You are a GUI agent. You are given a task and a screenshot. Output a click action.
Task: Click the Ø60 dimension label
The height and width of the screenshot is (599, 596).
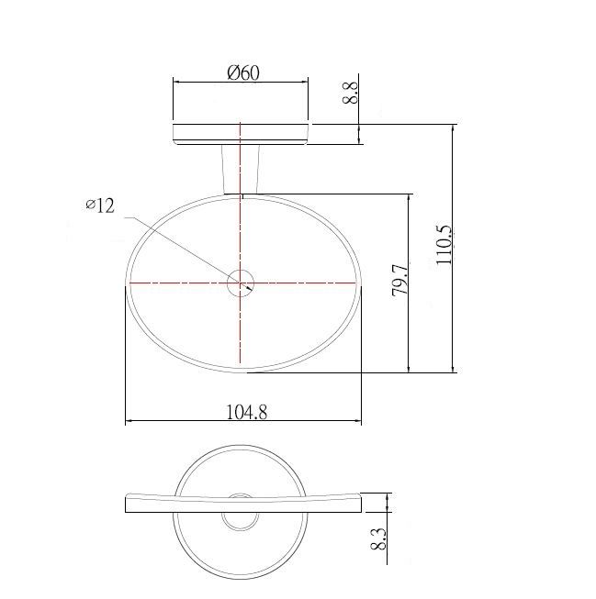coord(243,72)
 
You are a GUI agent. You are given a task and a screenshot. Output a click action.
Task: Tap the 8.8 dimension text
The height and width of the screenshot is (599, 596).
coord(351,92)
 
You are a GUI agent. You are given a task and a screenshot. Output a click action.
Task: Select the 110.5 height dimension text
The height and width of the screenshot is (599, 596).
coord(444,245)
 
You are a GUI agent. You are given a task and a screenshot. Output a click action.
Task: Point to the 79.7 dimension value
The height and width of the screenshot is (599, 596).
coord(400,279)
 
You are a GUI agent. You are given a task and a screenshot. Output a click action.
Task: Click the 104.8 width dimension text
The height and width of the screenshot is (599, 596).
coord(247,412)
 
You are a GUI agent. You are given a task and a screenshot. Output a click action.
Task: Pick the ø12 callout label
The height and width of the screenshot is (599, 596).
coord(100,206)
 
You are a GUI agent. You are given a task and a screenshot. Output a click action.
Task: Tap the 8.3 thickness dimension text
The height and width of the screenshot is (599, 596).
coord(378,539)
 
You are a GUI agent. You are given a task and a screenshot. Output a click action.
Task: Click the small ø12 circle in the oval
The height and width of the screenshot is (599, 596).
coord(241,270)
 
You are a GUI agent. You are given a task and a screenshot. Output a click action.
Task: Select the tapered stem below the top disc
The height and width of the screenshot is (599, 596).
coord(241,169)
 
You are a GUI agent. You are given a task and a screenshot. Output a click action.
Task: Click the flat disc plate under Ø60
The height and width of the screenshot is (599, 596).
coord(241,134)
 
